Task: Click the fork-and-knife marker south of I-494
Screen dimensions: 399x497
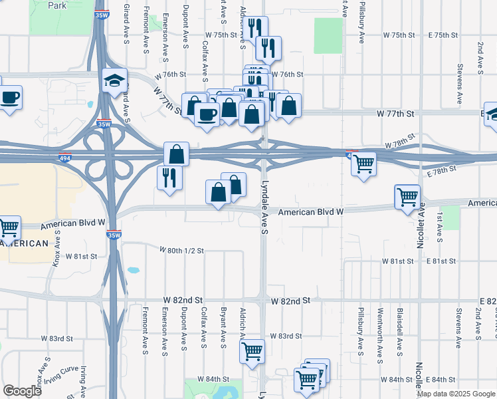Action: [x=169, y=178]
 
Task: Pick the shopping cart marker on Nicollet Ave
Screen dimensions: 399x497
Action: [x=408, y=197]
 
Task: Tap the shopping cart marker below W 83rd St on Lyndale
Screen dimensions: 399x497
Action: [x=252, y=351]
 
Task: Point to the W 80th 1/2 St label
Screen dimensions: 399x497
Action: [x=181, y=251]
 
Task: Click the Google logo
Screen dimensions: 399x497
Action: [x=22, y=391]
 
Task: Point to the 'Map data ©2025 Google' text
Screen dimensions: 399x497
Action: [x=456, y=394]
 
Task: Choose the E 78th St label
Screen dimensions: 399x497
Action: [x=443, y=171]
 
